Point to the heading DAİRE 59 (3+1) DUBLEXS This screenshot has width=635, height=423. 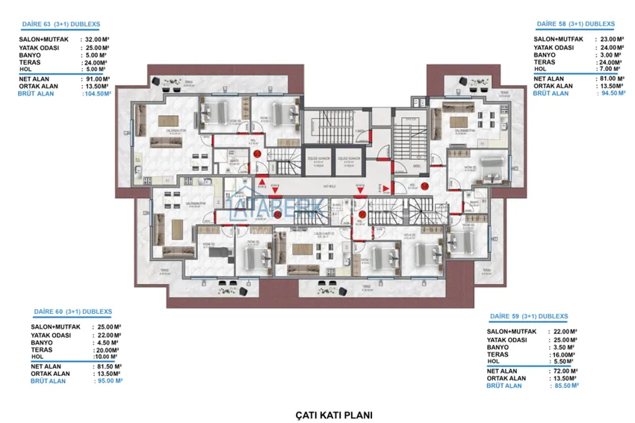531,316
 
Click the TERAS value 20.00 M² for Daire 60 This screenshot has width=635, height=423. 108,350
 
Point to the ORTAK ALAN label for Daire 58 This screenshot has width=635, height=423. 554,86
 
